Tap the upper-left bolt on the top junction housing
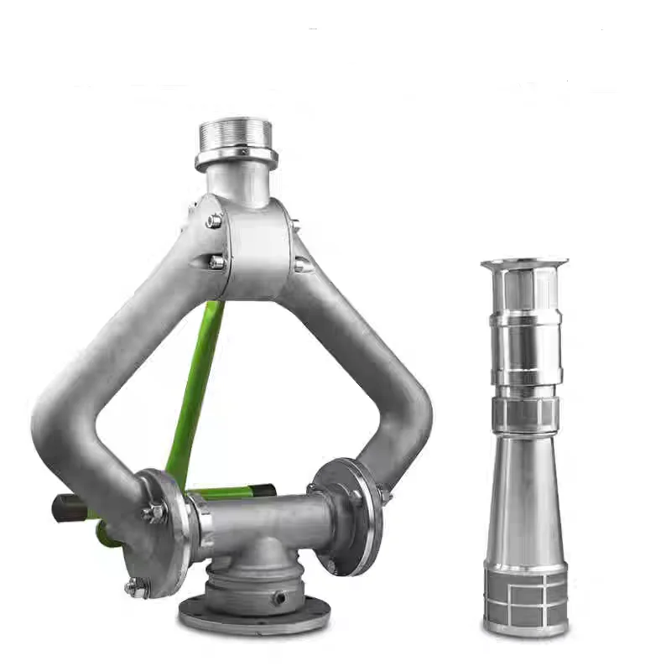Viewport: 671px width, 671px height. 215,221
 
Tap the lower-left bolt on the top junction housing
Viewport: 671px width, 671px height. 216,262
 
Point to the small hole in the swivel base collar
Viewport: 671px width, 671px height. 277,597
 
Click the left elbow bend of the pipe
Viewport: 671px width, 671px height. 63,419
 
